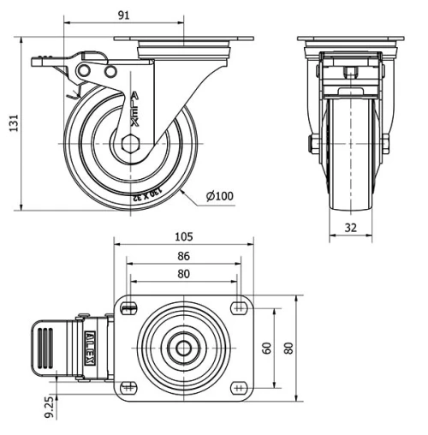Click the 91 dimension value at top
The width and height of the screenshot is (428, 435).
point(124,14)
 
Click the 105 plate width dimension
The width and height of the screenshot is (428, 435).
point(184,236)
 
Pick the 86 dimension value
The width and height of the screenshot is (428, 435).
point(184,255)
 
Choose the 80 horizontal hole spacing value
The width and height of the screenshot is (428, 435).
point(184,274)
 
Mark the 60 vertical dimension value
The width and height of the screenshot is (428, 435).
point(267,348)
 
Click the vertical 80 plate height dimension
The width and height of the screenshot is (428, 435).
point(288,348)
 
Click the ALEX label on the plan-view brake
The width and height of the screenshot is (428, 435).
point(90,347)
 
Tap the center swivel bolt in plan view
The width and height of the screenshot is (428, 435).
point(184,348)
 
